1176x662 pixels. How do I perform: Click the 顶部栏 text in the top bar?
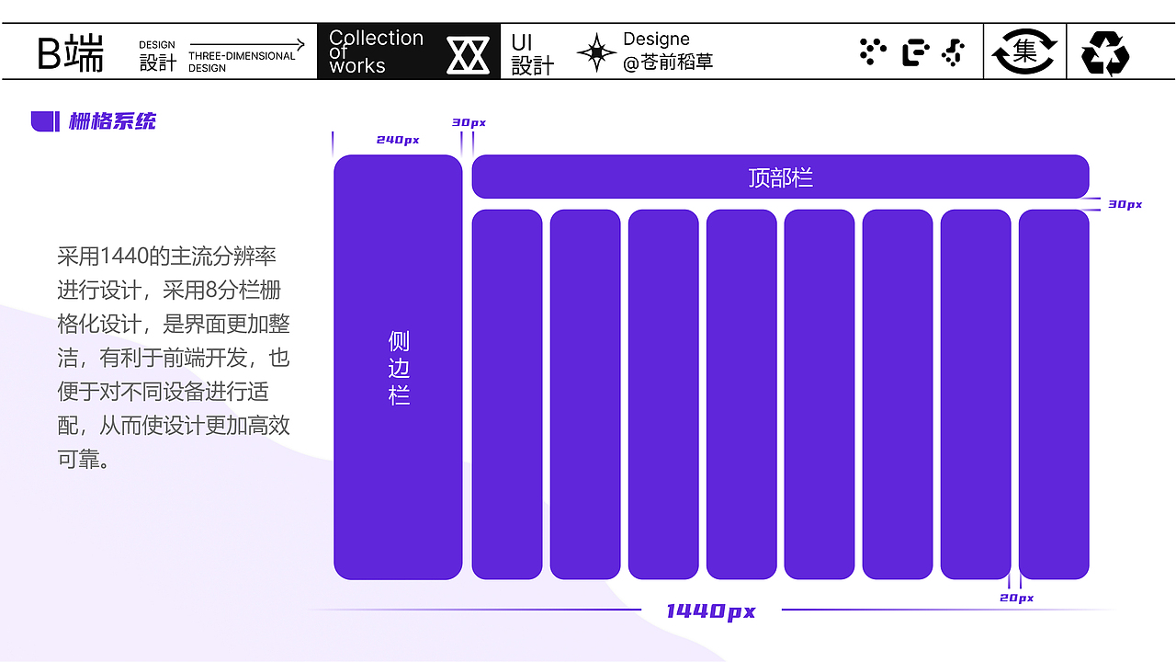pyautogui.click(x=780, y=177)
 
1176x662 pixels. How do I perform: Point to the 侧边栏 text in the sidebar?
pyautogui.click(x=399, y=368)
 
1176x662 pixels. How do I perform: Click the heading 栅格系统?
pyautogui.click(x=112, y=121)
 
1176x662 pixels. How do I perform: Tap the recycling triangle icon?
pyautogui.click(x=1104, y=53)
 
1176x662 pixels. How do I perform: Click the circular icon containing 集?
pyautogui.click(x=1024, y=51)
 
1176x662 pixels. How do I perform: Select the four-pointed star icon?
pyautogui.click(x=596, y=52)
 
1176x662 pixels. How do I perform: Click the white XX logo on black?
pyautogui.click(x=468, y=54)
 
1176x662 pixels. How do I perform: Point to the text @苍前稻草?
pyautogui.click(x=668, y=63)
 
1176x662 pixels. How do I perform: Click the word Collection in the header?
pyautogui.click(x=376, y=38)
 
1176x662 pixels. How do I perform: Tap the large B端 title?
pyautogui.click(x=71, y=52)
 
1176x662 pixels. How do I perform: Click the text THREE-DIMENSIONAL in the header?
pyautogui.click(x=242, y=56)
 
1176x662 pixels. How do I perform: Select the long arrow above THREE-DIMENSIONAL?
pyautogui.click(x=247, y=44)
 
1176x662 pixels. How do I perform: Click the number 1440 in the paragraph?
pyautogui.click(x=124, y=257)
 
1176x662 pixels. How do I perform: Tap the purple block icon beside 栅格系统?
pyautogui.click(x=45, y=121)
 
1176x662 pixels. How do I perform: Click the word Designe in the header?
pyautogui.click(x=656, y=39)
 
